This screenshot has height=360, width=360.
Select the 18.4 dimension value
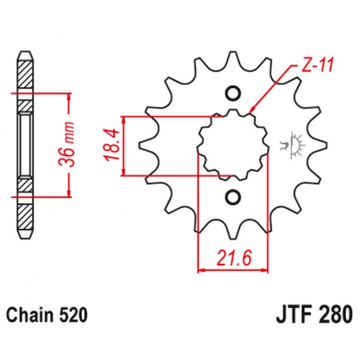pyautogui.click(x=111, y=145)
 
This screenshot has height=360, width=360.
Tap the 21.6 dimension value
pyautogui.click(x=233, y=257)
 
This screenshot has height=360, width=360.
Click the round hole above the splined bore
pyautogui.click(x=233, y=94)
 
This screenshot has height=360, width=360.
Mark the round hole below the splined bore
pyautogui.click(x=233, y=196)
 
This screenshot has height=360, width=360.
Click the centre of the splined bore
pyautogui.click(x=233, y=145)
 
